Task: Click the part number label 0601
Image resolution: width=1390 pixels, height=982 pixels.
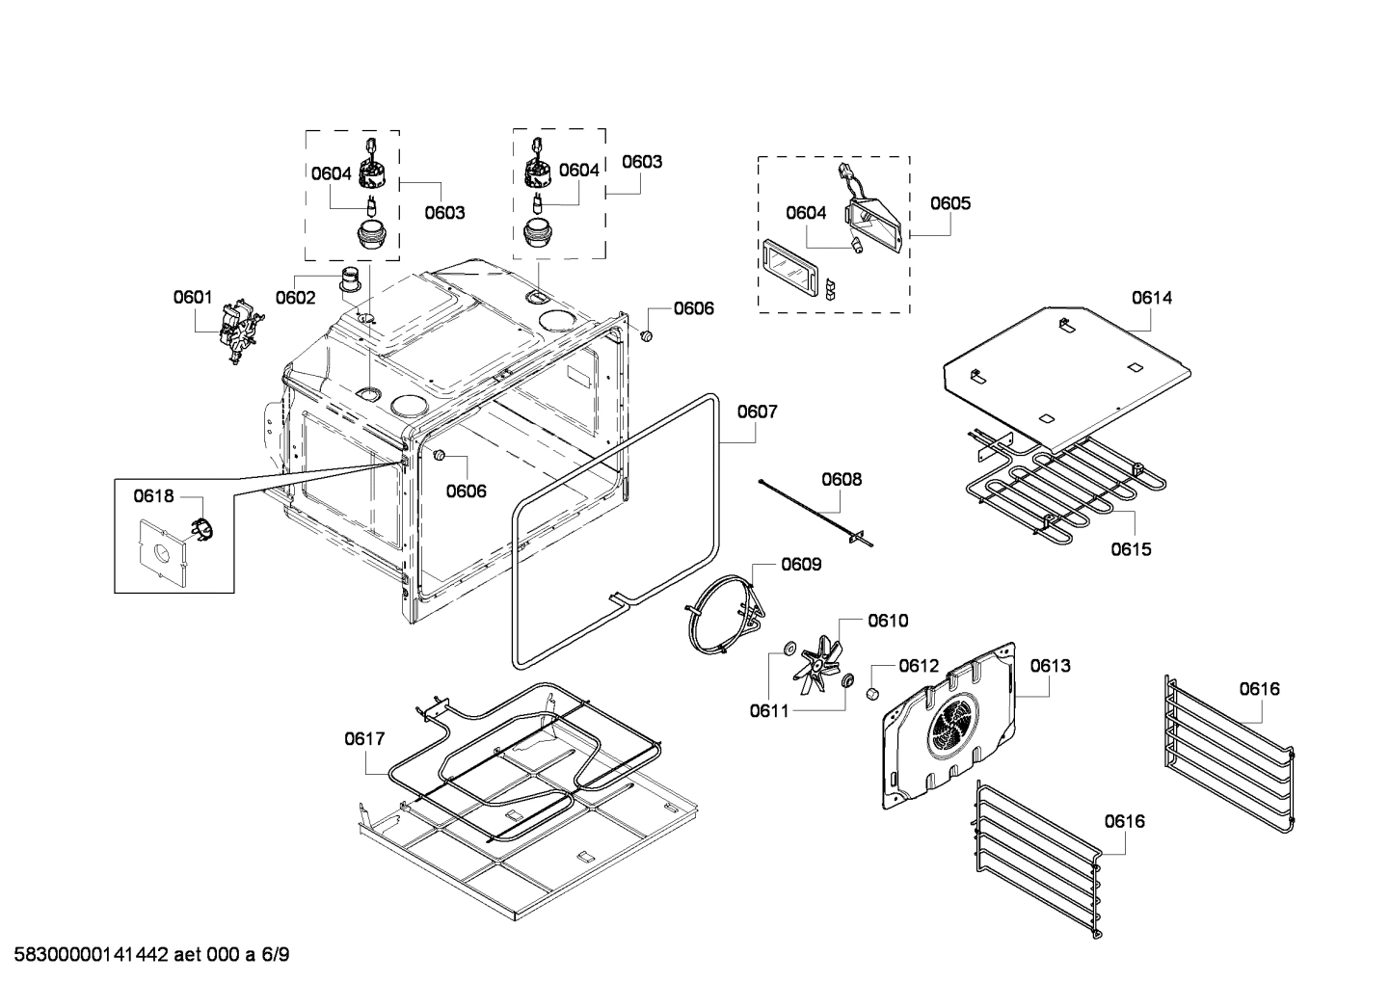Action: [x=193, y=298]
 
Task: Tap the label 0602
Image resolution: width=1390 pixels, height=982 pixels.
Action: [x=295, y=298]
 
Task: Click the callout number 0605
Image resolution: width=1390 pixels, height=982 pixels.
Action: [x=950, y=203]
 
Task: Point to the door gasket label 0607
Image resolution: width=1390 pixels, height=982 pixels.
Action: [x=758, y=411]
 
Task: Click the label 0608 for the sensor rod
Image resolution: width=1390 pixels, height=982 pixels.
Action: [x=842, y=479]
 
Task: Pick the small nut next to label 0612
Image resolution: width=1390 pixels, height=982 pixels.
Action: [x=872, y=693]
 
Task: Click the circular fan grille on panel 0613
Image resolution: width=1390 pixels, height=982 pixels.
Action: [x=952, y=728]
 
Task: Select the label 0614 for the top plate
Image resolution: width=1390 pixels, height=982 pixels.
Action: [x=1152, y=298]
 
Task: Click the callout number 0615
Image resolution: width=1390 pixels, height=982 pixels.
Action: [x=1131, y=549]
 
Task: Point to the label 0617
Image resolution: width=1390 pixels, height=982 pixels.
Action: [x=364, y=739]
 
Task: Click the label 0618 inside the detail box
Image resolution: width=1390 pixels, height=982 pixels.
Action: [x=153, y=496]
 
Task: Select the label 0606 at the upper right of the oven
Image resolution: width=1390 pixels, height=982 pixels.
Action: [x=694, y=308]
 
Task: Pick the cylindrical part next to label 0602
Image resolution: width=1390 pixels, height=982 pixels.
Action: [x=351, y=281]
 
